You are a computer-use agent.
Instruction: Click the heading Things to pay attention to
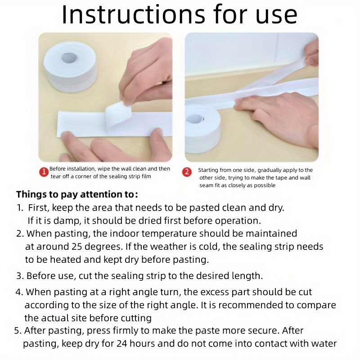pyautogui.click(x=77, y=195)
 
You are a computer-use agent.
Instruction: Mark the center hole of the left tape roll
pyautogui.click(x=69, y=58)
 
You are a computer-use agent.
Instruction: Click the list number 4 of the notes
pyautogui.click(x=19, y=292)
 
